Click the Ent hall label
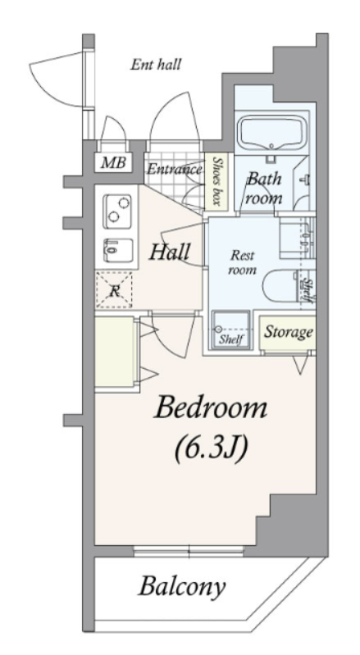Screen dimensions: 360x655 [x=156, y=65]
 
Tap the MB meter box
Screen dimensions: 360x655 [x=114, y=162]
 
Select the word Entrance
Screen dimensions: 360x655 [x=174, y=169]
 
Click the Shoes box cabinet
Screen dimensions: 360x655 [x=216, y=182]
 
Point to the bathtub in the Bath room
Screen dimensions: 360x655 [x=271, y=133]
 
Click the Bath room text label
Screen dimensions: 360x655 [x=264, y=189]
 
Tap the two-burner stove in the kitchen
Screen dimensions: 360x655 [x=117, y=211]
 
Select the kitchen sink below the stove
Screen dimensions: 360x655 [x=118, y=250]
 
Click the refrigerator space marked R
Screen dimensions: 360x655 [x=114, y=290]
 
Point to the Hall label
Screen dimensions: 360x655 [x=170, y=252]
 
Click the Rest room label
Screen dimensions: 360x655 [x=242, y=262]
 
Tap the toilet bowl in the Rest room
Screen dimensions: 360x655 [x=280, y=285]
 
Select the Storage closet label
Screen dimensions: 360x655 [x=288, y=333]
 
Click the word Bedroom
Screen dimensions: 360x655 [x=211, y=407]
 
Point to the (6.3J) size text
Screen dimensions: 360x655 [x=212, y=447]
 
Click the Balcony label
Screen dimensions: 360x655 [x=182, y=587]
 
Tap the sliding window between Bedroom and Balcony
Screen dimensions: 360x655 [x=189, y=551]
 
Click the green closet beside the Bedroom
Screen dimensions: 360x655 [x=115, y=353]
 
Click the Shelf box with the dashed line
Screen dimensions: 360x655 [x=231, y=330]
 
